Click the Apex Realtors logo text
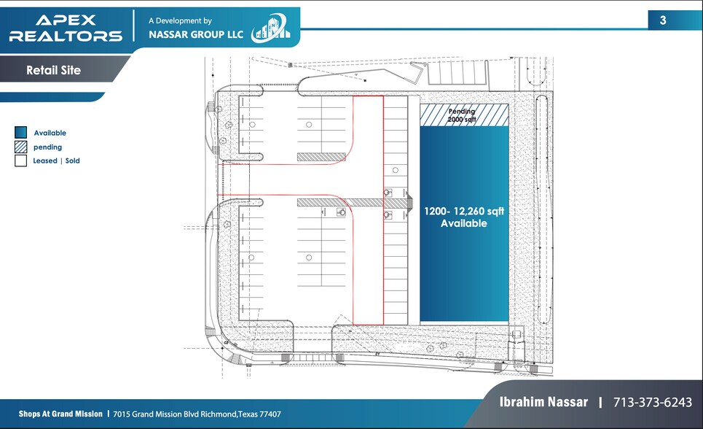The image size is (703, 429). [x=66, y=28]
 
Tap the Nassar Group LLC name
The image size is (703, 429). [x=197, y=34]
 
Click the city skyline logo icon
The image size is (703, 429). [x=270, y=29]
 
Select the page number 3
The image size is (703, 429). [x=663, y=20]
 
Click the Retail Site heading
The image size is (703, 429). [x=53, y=71]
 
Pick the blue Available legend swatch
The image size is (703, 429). [x=20, y=133]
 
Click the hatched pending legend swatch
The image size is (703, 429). [x=20, y=147]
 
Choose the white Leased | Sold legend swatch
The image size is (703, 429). [x=20, y=161]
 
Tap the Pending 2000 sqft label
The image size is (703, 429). [x=461, y=115]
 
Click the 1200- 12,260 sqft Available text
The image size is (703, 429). [x=464, y=217]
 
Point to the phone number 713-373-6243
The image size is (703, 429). [x=653, y=402]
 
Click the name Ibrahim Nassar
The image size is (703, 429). [x=543, y=402]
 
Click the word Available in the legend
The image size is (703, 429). [x=50, y=133]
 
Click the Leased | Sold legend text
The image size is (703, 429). [x=56, y=161]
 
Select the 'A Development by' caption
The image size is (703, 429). [x=180, y=21]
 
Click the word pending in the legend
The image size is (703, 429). [x=48, y=147]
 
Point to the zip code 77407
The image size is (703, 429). [x=269, y=414]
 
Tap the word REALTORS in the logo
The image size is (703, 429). [x=66, y=36]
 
